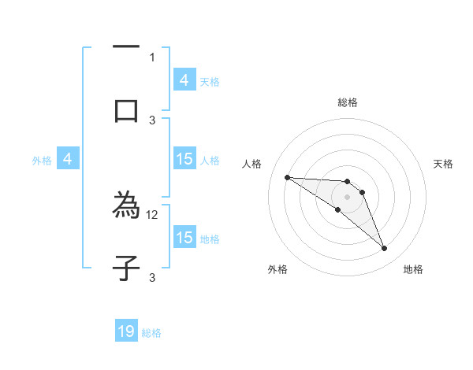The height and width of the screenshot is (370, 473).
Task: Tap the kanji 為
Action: coord(126,206)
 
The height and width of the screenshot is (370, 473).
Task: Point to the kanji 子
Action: coord(126,268)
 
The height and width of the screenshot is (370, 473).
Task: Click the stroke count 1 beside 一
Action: coord(152,57)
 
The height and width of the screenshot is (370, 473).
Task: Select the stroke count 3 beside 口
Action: coord(152,120)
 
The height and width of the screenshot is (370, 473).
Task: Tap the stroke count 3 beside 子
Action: coord(152,277)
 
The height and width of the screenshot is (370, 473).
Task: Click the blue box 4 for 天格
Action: coord(184,80)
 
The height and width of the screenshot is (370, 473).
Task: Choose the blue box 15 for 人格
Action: coord(184,159)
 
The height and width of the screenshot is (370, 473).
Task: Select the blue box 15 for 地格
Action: coord(184,238)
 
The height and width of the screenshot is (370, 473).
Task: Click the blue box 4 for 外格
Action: coord(68,159)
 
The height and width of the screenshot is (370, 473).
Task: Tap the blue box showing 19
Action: coord(126,331)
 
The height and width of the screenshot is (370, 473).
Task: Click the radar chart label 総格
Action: coord(348,102)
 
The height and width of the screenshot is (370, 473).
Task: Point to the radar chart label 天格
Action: coord(443,164)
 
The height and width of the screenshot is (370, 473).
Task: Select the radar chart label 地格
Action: coord(413,269)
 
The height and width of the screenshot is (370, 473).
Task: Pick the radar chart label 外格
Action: coord(277,269)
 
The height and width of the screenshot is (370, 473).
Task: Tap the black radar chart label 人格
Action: coord(252,164)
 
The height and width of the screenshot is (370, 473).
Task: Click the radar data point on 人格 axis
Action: coord(287,177)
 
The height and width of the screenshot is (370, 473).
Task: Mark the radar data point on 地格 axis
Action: coord(385,249)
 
